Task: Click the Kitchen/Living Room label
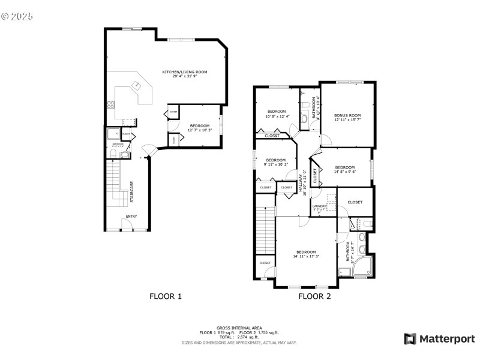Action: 185,72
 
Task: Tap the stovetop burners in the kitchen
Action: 111,104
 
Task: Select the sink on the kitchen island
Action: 137,85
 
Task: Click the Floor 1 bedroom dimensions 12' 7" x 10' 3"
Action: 200,130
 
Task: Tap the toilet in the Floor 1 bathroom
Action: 124,155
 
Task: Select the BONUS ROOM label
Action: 347,115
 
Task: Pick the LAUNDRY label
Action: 319,206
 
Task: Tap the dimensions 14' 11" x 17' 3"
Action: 306,256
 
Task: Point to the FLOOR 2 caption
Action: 314,296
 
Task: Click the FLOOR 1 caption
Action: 165,296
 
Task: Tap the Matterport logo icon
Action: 410,339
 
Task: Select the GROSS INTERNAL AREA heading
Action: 239,328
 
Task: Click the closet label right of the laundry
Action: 355,202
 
